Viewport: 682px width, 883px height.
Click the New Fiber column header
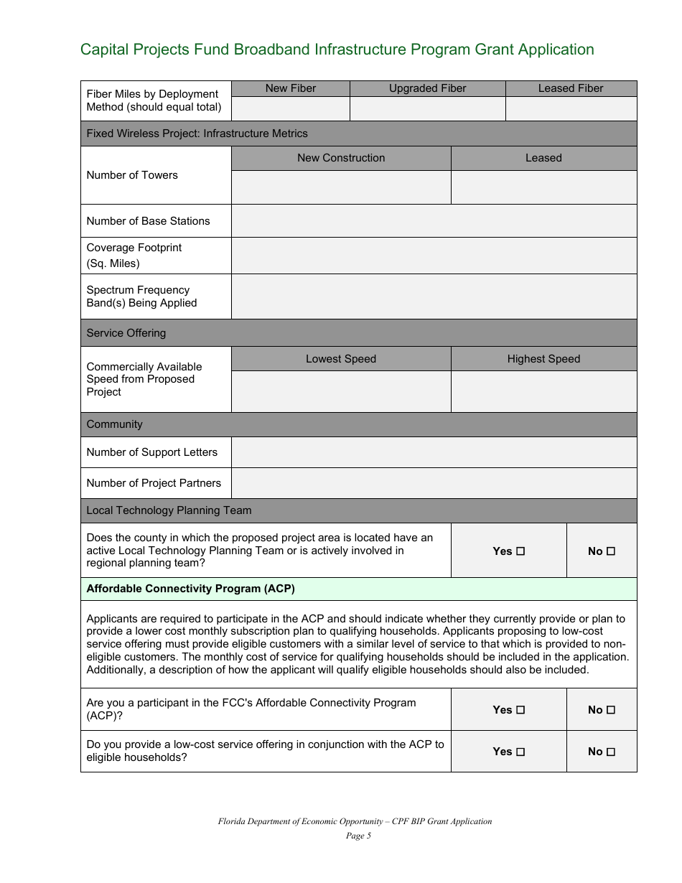[x=291, y=88]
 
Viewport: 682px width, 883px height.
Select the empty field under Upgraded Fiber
[x=427, y=108]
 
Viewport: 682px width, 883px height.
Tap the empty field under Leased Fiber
[x=571, y=108]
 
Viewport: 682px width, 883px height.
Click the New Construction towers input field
[x=341, y=187]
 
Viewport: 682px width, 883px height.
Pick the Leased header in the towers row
[x=543, y=158]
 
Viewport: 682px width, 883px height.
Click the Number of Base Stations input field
[x=434, y=221]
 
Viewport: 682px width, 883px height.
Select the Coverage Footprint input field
[x=434, y=256]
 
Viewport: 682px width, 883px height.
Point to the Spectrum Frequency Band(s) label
[x=141, y=296]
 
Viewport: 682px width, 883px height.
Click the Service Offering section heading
[x=126, y=333]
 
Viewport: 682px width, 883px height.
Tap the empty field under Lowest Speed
[x=341, y=391]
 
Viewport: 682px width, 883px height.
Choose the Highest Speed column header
[x=543, y=359]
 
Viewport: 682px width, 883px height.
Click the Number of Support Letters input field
[x=434, y=452]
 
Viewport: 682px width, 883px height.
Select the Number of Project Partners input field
[x=434, y=483]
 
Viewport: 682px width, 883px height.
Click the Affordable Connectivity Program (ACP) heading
[x=190, y=589]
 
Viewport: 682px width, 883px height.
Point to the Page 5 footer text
[x=355, y=836]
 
